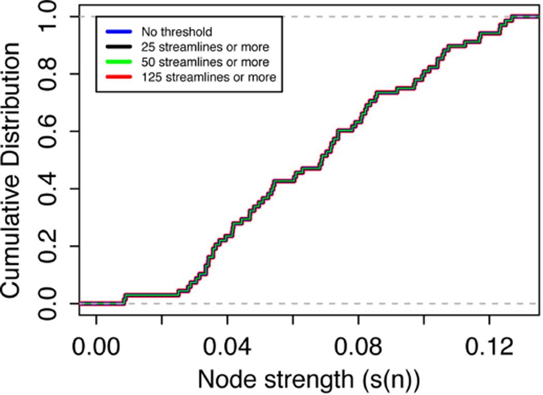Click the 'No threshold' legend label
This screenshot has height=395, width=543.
pyautogui.click(x=169, y=33)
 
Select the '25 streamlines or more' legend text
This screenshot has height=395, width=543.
pyautogui.click(x=205, y=48)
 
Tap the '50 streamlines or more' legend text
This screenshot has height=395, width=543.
pyautogui.click(x=205, y=63)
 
